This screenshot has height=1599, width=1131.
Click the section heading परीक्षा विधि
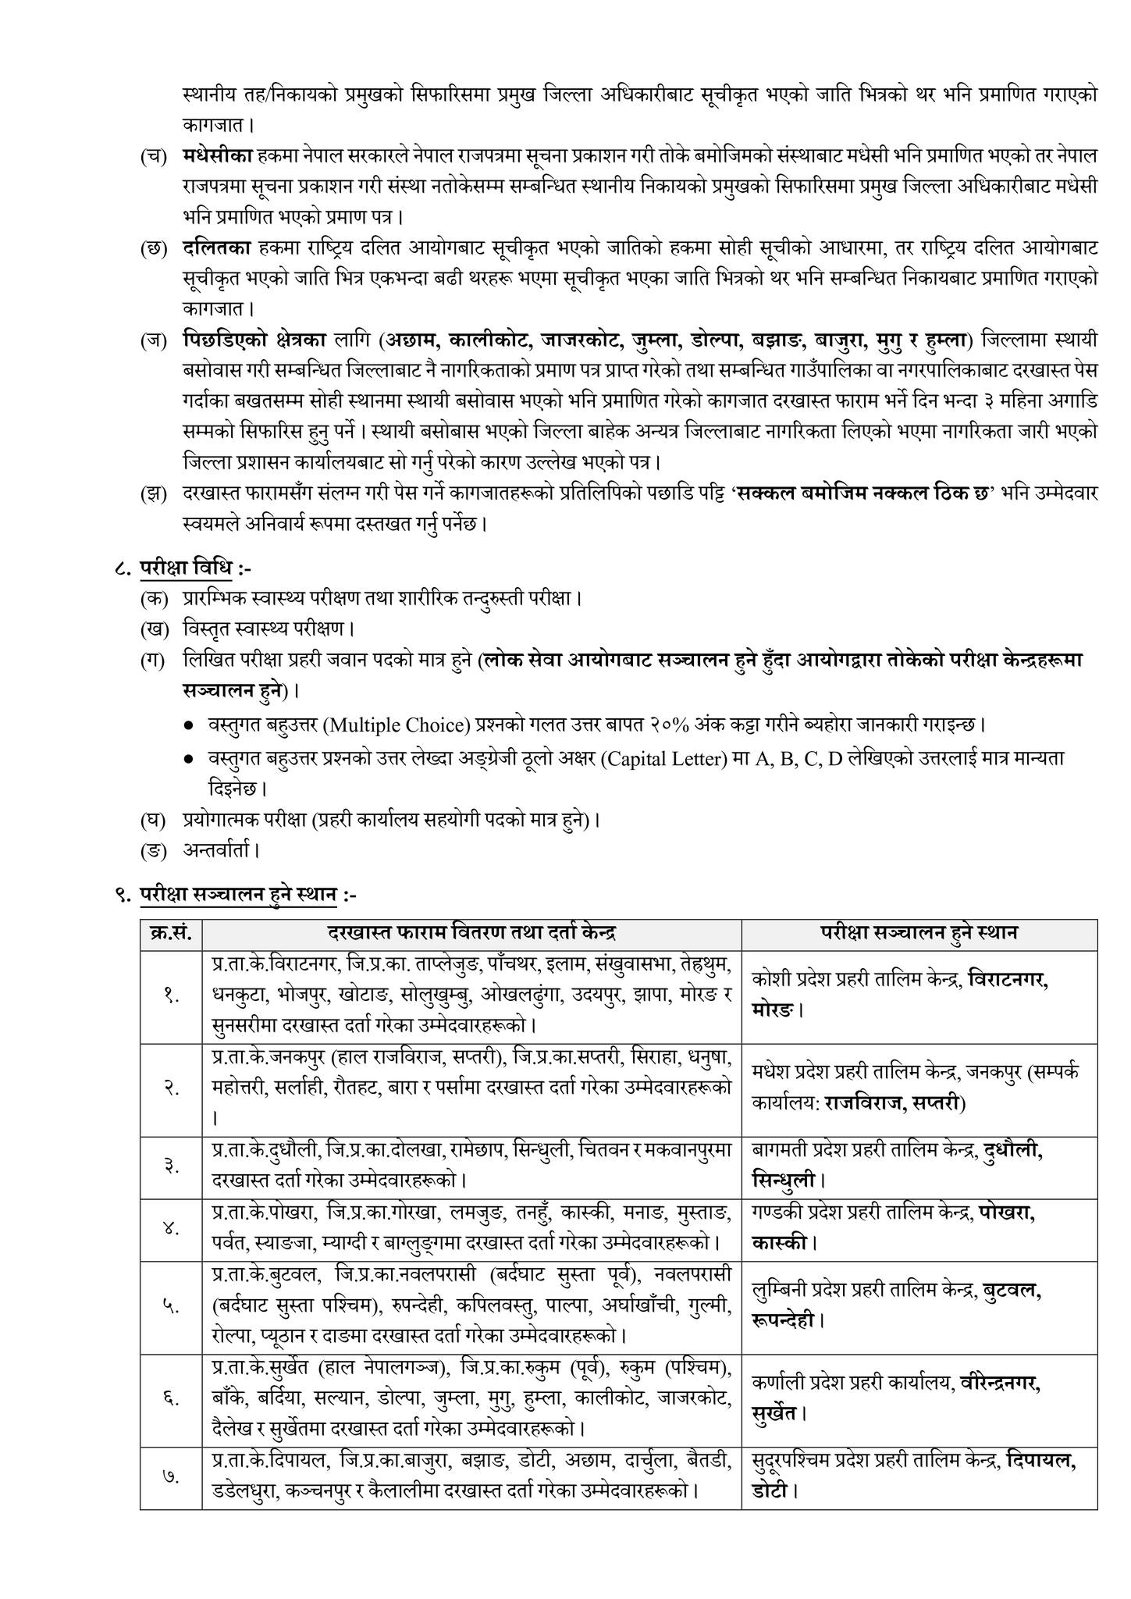[x=186, y=568]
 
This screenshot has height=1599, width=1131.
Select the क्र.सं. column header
[x=171, y=933]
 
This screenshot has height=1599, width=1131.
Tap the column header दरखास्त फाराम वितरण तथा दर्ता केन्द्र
[x=471, y=933]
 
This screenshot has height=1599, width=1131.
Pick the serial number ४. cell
[x=171, y=1228]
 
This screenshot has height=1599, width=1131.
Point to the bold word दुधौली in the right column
[x=1013, y=1151]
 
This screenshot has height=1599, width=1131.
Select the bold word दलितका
[x=216, y=248]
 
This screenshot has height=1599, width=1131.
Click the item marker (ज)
[x=153, y=341]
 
